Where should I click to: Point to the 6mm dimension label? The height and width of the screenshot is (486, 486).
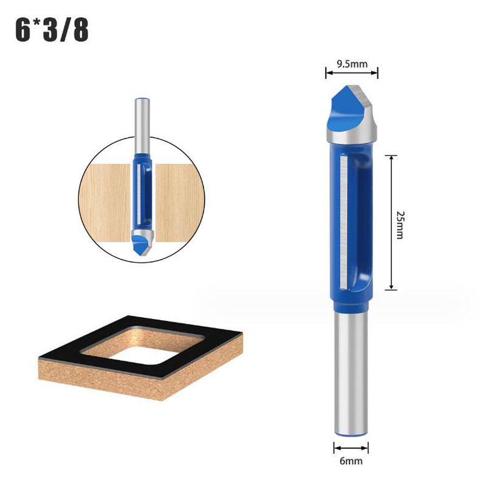pos(351,461)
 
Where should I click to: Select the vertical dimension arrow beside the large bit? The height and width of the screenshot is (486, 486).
pos(392,222)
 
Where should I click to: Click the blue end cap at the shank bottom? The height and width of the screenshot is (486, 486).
pos(351,434)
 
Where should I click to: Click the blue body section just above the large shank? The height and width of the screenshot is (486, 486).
pos(351,301)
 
